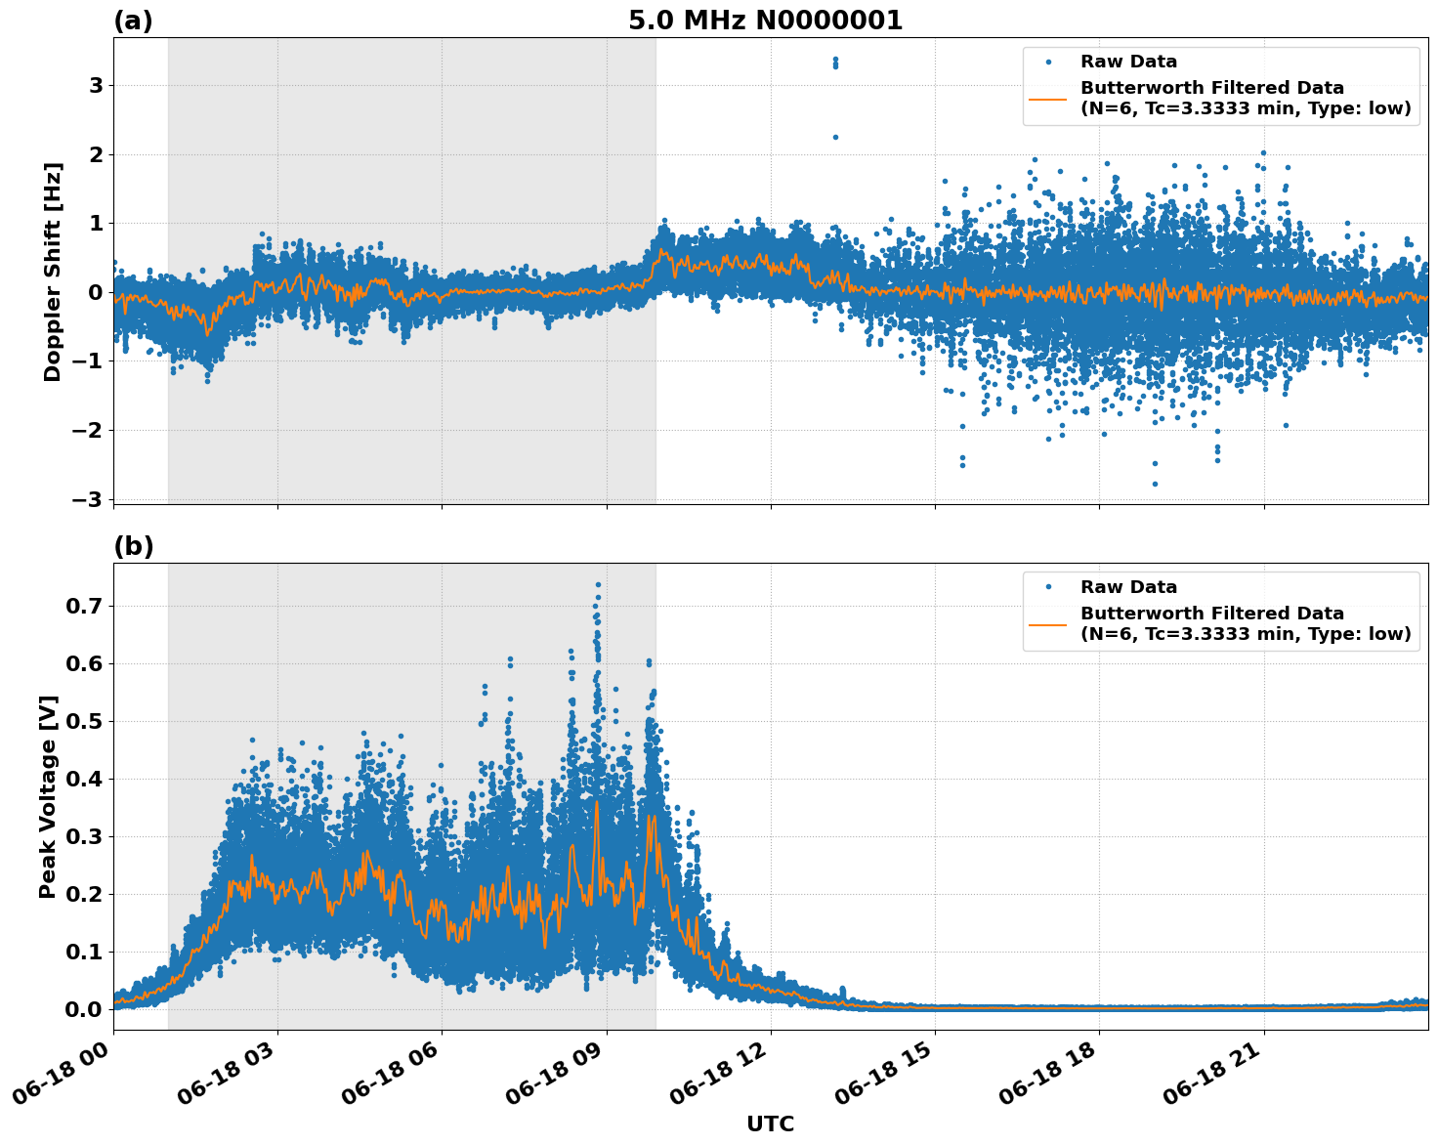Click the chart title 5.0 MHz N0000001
click(765, 21)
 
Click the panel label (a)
click(133, 21)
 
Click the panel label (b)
click(133, 546)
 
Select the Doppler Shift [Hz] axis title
click(53, 272)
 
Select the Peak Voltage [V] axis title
click(48, 796)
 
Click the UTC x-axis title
click(770, 1124)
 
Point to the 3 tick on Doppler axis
click(96, 86)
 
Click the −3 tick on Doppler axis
click(88, 499)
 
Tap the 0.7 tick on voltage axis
click(84, 606)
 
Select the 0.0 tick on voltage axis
click(84, 1009)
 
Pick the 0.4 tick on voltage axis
click(84, 779)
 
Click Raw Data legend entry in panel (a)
click(1128, 62)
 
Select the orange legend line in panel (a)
click(1048, 99)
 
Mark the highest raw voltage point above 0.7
click(598, 584)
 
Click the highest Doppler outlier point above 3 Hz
click(835, 60)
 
